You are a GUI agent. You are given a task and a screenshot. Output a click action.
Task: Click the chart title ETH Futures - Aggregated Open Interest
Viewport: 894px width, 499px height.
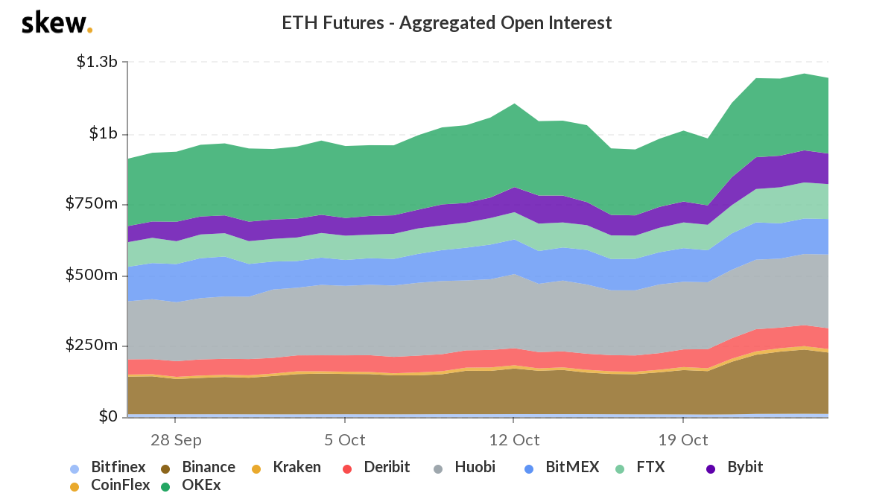point(446,23)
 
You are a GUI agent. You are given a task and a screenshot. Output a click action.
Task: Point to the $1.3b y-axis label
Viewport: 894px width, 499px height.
point(97,62)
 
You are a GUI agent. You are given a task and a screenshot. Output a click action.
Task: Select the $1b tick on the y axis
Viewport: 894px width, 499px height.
point(103,134)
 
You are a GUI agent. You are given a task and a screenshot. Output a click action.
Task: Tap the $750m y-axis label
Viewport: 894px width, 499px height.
point(95,205)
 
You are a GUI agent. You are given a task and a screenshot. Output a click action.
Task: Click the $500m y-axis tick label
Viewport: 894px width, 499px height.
point(95,276)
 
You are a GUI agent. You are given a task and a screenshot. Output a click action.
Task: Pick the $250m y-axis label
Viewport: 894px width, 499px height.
point(95,346)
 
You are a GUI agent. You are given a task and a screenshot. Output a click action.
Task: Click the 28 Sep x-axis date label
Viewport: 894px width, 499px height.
point(176,439)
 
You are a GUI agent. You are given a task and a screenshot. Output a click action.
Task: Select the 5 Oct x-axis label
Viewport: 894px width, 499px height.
point(344,439)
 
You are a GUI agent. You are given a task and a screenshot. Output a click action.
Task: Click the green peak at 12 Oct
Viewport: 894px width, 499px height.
point(513,105)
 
